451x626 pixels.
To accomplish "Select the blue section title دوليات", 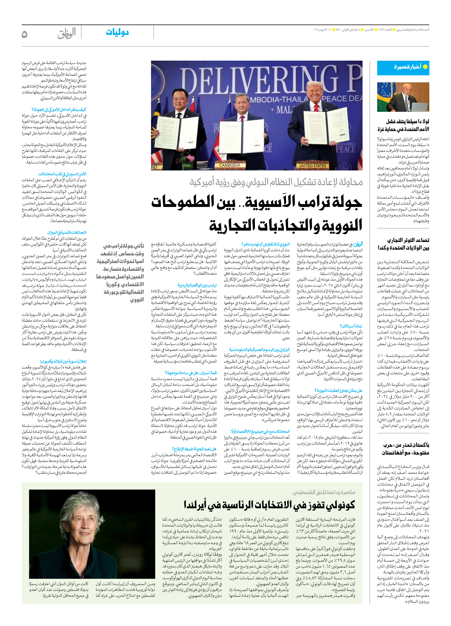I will [x=117, y=32].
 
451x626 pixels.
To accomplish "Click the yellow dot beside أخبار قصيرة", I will [x=425, y=67].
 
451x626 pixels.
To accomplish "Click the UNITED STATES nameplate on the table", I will [x=312, y=166].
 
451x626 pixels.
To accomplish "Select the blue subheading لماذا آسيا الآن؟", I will [x=351, y=326].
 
